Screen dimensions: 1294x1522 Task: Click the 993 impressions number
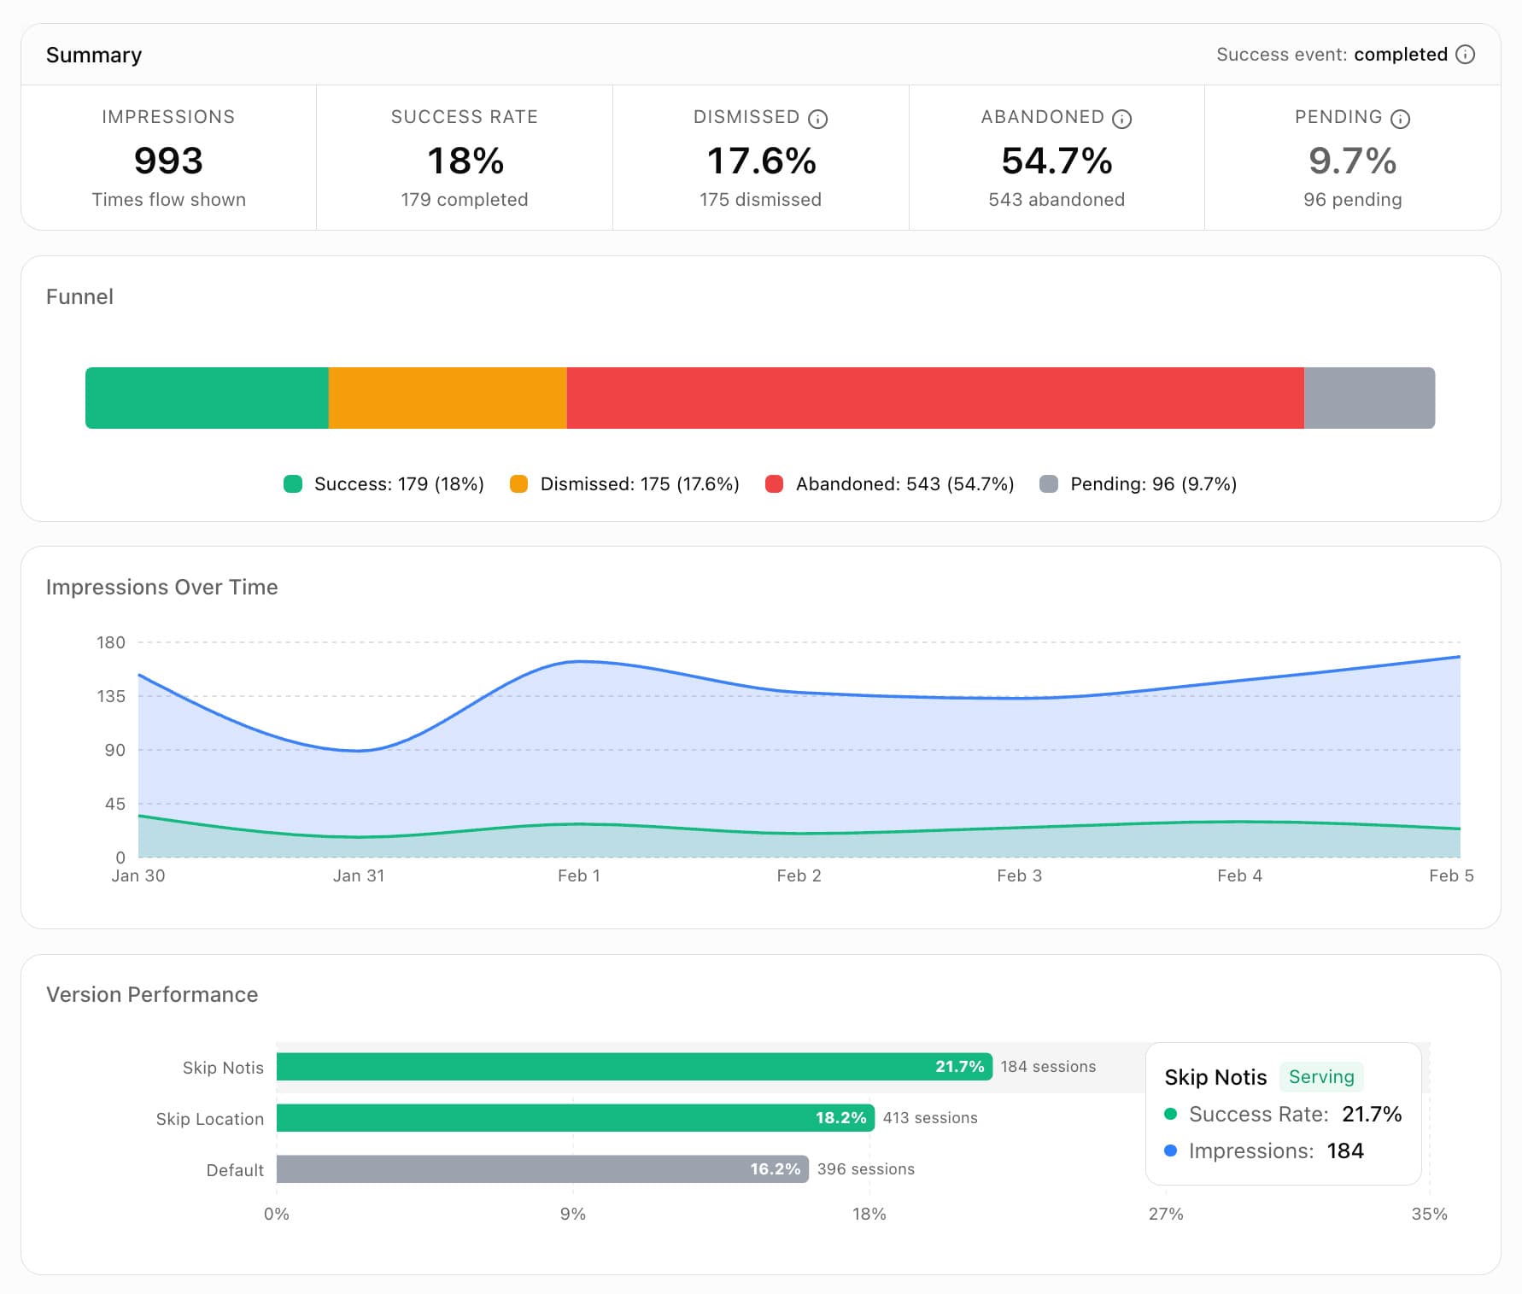click(168, 161)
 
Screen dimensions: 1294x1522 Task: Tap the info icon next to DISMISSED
click(817, 119)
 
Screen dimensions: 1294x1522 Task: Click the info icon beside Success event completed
click(1465, 55)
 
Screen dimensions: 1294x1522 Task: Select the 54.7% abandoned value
click(1057, 161)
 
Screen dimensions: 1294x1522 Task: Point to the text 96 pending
click(1352, 200)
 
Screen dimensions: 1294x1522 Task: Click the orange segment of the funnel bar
click(448, 398)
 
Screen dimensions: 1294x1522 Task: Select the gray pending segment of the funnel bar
click(1368, 398)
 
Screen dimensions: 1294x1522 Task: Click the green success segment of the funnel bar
click(207, 398)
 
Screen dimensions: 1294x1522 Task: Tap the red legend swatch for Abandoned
click(774, 484)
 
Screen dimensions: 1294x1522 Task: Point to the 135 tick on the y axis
click(111, 696)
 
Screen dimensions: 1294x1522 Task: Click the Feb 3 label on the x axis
click(1019, 875)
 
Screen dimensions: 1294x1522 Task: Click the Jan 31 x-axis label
click(359, 875)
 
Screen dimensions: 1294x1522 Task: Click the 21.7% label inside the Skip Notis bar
click(959, 1067)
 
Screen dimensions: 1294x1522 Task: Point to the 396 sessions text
click(865, 1169)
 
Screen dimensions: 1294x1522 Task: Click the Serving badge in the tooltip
click(1320, 1077)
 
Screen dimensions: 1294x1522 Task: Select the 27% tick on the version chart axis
click(1165, 1214)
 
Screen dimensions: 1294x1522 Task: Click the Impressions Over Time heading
click(161, 587)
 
